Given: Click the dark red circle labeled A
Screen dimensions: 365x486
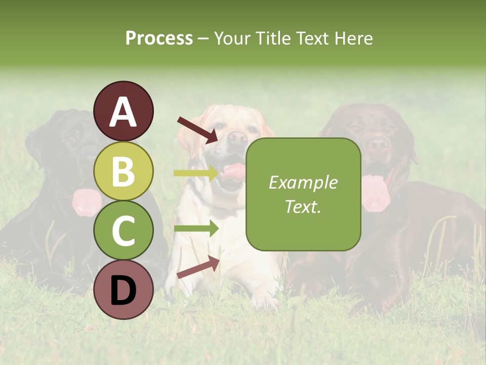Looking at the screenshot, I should point(124,111).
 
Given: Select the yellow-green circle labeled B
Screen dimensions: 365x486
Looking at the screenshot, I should point(124,171).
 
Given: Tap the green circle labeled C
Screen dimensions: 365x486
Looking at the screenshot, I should point(124,230).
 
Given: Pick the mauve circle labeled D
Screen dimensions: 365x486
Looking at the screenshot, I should point(124,289).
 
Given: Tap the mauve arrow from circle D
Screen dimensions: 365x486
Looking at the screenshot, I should point(198,268).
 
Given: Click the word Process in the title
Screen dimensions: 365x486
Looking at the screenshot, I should point(159,38).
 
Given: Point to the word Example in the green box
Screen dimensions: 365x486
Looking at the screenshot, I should point(303,182).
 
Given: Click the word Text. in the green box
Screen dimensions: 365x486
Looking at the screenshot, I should point(303,207).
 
